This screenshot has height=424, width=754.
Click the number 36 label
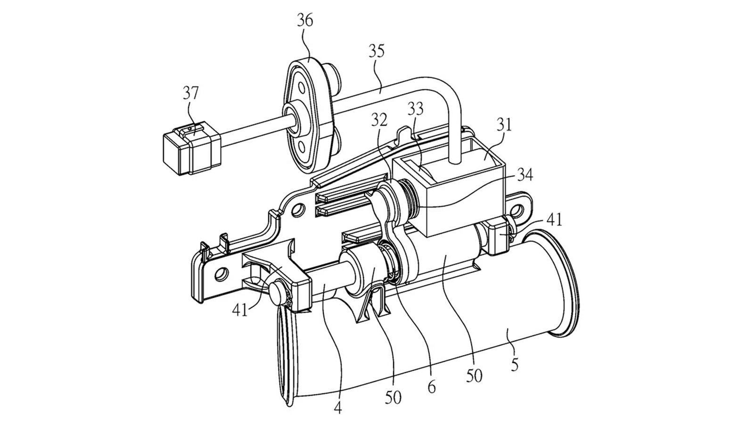click(305, 21)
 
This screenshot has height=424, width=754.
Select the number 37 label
click(191, 93)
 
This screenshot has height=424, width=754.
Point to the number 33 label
click(415, 109)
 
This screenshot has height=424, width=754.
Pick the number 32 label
click(380, 120)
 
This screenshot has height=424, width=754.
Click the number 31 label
click(503, 125)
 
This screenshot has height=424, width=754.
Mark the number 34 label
click(525, 175)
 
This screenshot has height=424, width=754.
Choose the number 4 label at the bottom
click(338, 408)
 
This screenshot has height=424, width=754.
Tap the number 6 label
click(432, 387)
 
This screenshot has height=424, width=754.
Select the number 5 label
click(514, 365)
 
